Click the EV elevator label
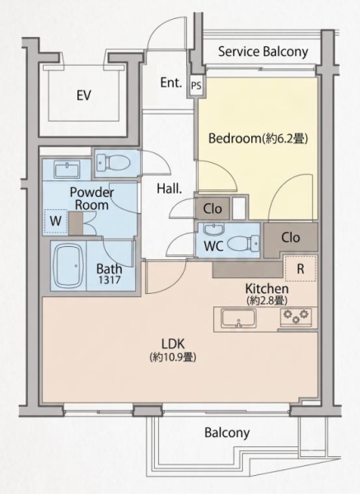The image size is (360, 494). tap(84, 96)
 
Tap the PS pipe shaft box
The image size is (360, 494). tap(196, 86)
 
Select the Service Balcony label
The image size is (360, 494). tap(263, 52)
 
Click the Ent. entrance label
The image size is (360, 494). tap(171, 82)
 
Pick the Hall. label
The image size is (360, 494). tap(170, 189)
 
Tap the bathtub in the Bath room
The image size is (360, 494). tap(68, 265)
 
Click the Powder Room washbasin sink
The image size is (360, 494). tap(68, 170)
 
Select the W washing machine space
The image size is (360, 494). tap(55, 221)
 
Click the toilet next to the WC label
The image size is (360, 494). tap(243, 244)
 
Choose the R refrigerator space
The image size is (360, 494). tap(301, 268)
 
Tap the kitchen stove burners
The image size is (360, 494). tap(296, 317)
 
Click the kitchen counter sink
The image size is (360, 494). tap(238, 319)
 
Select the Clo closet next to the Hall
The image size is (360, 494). tap(213, 208)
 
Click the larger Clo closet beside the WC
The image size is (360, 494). tap(290, 238)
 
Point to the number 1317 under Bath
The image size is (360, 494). tap(109, 279)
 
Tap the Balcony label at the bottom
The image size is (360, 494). tap(227, 432)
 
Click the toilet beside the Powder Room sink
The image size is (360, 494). tap(113, 162)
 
